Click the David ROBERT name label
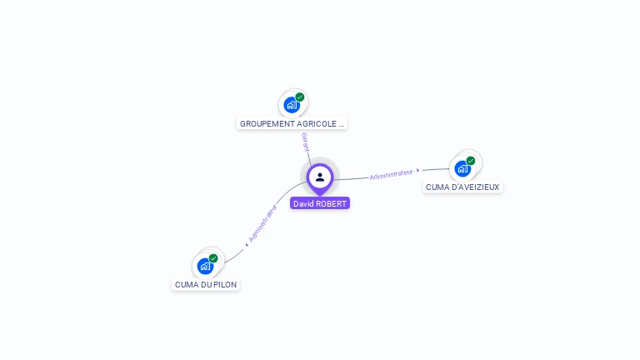(x=320, y=203)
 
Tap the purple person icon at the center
(x=320, y=177)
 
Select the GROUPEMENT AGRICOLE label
(x=292, y=123)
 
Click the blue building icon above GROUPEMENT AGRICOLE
(x=292, y=105)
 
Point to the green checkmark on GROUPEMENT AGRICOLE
(x=300, y=97)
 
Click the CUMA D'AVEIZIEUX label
(x=462, y=187)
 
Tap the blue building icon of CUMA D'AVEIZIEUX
(x=462, y=168)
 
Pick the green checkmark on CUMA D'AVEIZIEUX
(x=471, y=161)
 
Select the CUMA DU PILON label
(x=206, y=284)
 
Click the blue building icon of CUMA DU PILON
(x=205, y=266)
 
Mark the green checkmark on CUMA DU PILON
(x=213, y=258)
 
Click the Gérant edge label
(x=306, y=142)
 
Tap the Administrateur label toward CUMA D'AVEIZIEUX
(x=391, y=174)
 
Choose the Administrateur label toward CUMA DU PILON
(x=263, y=223)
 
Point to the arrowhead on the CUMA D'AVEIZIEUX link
(x=418, y=171)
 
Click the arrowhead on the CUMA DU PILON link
(x=247, y=243)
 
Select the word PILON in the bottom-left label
(x=225, y=284)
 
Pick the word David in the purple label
(x=303, y=203)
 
